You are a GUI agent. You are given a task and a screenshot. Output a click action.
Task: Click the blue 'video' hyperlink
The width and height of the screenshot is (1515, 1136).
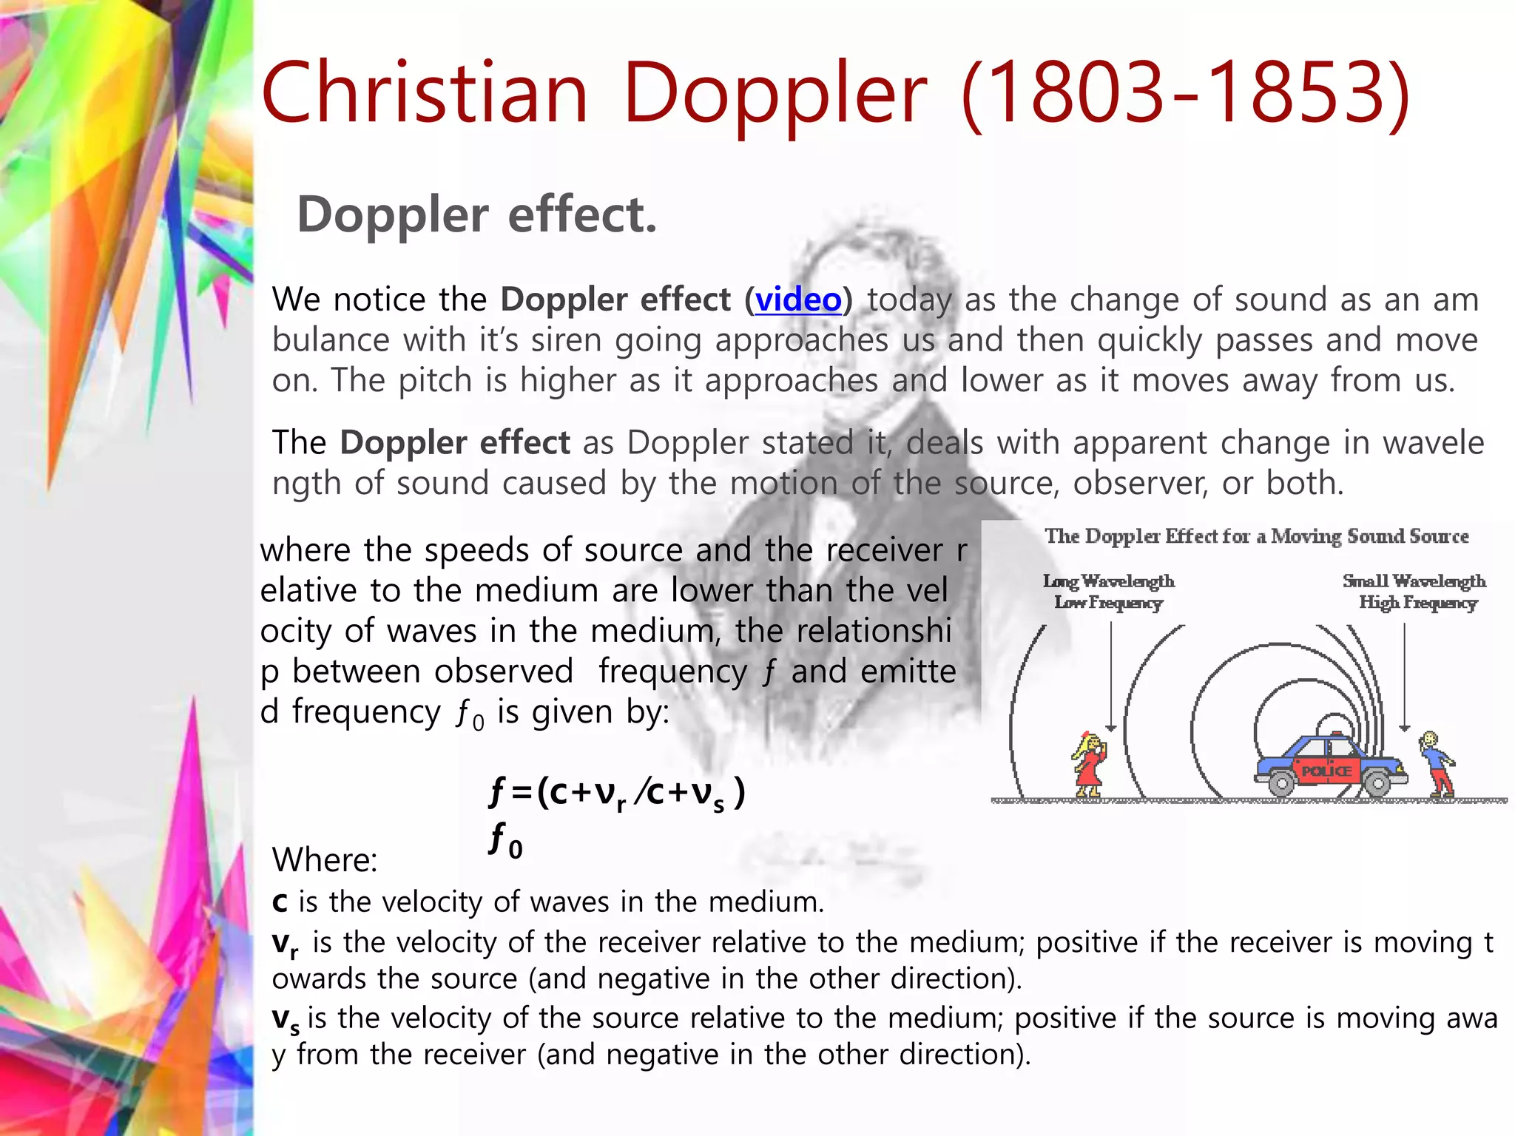tap(797, 300)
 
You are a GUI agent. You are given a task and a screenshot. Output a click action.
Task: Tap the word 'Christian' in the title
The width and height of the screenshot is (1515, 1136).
tap(425, 94)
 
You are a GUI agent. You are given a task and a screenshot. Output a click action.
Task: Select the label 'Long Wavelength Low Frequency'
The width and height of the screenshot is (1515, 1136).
tap(1108, 592)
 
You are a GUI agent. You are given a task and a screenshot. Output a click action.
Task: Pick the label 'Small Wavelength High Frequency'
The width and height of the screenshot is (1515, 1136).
tap(1414, 592)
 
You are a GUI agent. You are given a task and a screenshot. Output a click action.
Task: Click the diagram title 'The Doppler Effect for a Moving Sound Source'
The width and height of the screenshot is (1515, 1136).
tap(1256, 536)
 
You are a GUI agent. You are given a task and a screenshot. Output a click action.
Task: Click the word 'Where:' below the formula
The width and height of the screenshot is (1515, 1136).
tap(325, 860)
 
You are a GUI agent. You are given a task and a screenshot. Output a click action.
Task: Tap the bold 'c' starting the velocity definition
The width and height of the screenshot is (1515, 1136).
tap(280, 903)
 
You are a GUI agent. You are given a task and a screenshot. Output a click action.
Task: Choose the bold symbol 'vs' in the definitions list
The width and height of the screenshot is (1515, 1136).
tap(286, 1020)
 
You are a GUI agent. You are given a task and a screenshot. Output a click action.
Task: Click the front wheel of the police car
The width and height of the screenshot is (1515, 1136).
tap(1377, 782)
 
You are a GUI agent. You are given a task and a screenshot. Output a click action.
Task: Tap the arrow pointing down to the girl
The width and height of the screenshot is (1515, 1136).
tap(1110, 677)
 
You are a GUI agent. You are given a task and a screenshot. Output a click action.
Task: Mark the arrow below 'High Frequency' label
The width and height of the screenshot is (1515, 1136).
tap(1404, 677)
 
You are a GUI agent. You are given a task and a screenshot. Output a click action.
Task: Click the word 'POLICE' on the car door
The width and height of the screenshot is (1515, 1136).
tap(1326, 771)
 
